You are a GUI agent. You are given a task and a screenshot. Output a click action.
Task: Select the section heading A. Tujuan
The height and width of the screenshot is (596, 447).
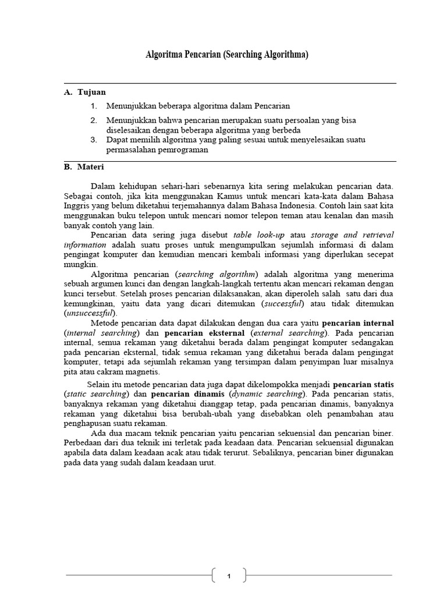pyautogui.click(x=85, y=92)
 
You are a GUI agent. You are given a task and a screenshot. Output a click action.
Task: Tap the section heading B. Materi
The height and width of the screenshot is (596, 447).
pyautogui.click(x=84, y=167)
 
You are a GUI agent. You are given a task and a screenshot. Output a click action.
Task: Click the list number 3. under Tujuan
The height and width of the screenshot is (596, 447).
pyautogui.click(x=93, y=140)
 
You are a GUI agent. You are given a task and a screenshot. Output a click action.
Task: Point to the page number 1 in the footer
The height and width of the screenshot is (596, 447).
pyautogui.click(x=229, y=576)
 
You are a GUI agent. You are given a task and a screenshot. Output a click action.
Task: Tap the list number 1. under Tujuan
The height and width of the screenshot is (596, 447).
pyautogui.click(x=93, y=106)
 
